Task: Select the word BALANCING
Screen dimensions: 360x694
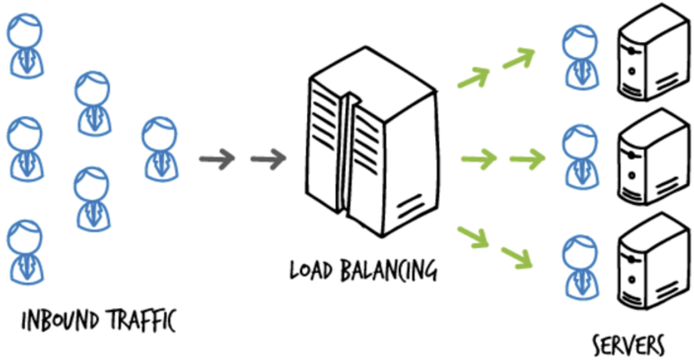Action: point(388,270)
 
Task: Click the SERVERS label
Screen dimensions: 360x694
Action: point(628,345)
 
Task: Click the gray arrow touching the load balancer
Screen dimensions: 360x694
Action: point(268,158)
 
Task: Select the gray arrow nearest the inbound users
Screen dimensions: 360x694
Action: point(216,158)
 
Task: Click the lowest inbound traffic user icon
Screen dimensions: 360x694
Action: point(25,251)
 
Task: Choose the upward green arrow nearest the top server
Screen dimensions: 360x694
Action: point(518,58)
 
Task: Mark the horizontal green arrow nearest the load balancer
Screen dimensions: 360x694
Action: point(478,159)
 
